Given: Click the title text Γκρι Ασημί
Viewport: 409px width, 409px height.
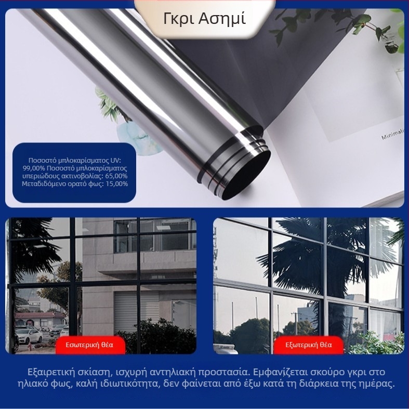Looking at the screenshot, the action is [205, 19].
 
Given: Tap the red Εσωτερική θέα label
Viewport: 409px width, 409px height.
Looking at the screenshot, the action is [90, 345].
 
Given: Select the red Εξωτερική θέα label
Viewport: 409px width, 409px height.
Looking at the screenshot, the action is [308, 345].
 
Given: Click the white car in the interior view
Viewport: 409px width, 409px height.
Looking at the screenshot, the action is [29, 335].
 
